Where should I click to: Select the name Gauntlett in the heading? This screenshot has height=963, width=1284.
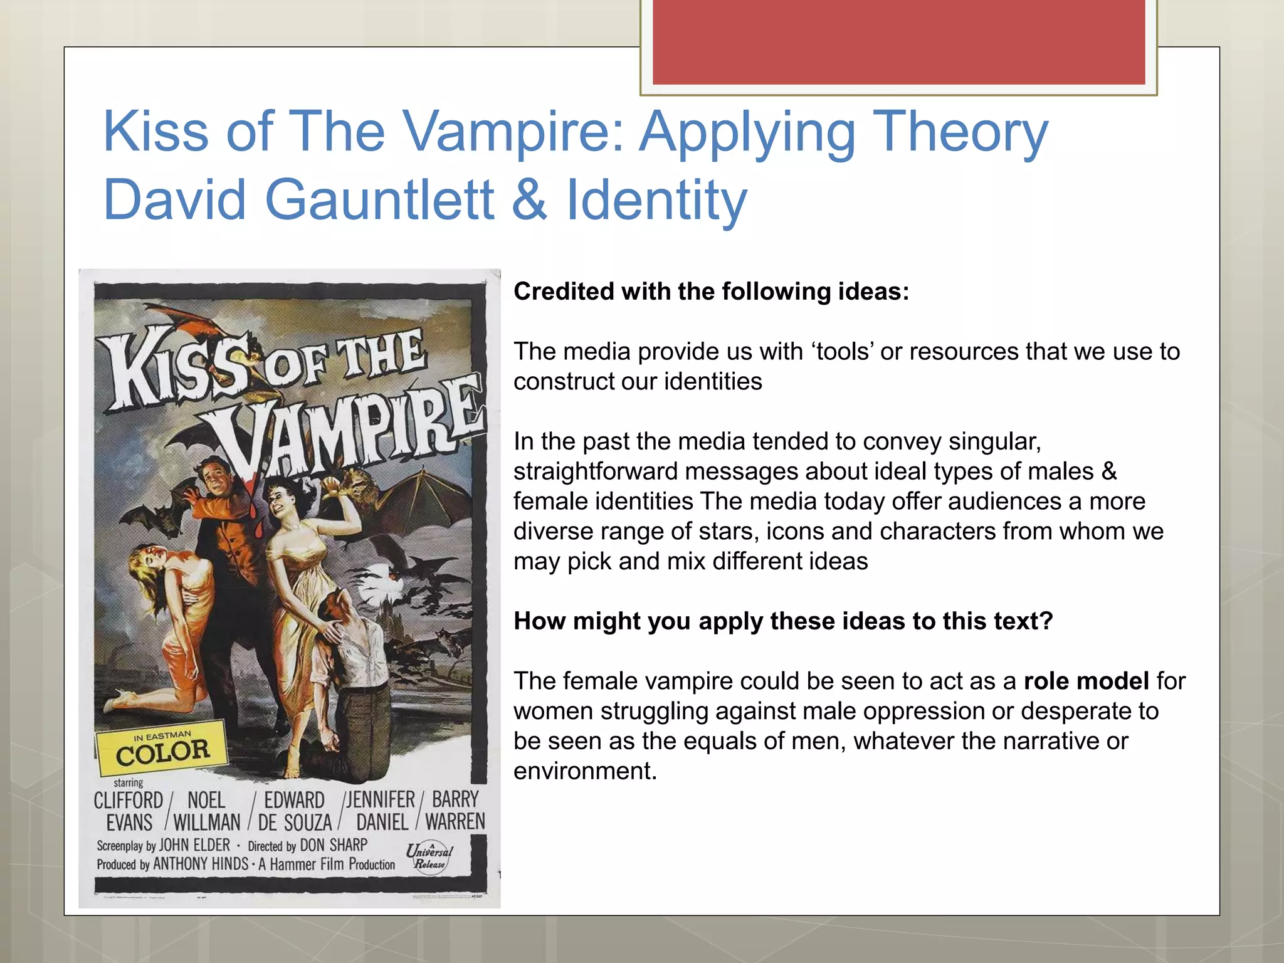379,200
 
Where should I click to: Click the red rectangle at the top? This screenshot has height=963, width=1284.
898,41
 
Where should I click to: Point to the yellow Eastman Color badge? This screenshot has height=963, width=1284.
162,747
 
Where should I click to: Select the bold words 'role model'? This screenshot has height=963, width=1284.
1086,681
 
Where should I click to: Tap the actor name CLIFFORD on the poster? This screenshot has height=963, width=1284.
129,801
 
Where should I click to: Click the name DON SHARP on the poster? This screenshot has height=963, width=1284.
334,845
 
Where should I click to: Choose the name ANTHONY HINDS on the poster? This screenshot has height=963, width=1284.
201,864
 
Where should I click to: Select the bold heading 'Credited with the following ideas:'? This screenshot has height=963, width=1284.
711,292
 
